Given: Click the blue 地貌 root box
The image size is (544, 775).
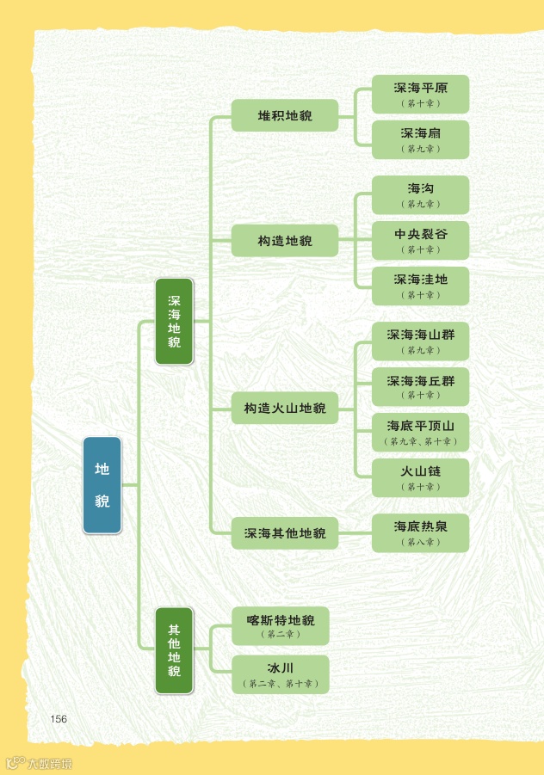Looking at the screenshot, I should point(102,485).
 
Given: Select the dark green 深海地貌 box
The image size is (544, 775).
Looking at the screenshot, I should point(174,322).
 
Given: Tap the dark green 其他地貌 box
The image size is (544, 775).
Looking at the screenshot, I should point(174,650).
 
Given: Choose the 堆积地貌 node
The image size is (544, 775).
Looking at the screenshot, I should point(285,115).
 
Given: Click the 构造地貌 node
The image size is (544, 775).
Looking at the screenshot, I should point(285,240).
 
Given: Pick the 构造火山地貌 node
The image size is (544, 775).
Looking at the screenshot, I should point(285,408).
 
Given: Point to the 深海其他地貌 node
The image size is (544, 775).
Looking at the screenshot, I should point(285,533).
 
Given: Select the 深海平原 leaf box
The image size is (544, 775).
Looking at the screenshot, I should point(420,94).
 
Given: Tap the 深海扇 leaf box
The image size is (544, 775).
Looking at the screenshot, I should point(420,139).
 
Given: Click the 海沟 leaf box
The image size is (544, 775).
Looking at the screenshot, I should point(420,194).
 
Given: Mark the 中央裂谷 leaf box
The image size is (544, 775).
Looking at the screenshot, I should point(420,240).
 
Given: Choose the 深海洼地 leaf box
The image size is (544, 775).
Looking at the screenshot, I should point(420,286).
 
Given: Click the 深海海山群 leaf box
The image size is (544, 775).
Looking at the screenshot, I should point(420,341).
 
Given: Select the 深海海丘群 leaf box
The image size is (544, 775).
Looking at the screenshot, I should point(420,386).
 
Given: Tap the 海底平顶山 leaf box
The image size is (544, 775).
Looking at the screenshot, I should point(420,432).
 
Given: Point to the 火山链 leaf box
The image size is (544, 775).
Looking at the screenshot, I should point(420,477).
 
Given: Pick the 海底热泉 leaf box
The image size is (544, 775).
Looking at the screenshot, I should point(420,532).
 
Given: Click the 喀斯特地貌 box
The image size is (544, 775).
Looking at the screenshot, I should point(281,625).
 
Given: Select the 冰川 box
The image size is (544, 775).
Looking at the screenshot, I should point(281,674).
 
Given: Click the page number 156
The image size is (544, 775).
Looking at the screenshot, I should point(59,719).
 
